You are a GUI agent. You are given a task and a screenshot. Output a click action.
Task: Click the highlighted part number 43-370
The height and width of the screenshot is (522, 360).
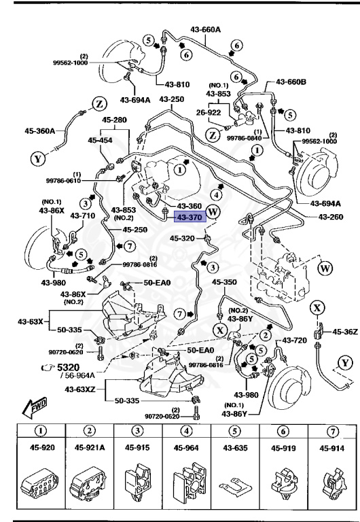[190, 217]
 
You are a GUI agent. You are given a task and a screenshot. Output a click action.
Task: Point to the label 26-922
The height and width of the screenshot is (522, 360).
[211, 112]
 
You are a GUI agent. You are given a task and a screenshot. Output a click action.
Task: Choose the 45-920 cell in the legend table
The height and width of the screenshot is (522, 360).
[41, 448]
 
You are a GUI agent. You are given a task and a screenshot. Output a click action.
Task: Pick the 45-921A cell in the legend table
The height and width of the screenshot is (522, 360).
[90, 448]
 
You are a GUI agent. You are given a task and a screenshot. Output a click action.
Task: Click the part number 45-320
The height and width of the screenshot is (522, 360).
[183, 239]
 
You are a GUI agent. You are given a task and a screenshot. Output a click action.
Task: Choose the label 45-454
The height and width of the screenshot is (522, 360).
[101, 141]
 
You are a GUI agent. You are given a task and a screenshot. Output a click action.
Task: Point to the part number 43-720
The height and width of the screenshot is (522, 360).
[295, 340]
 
